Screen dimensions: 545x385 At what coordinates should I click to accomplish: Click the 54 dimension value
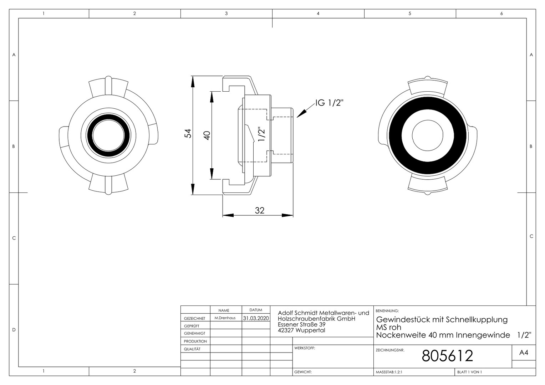[188, 134]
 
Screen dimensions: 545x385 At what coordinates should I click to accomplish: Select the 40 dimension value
[207, 135]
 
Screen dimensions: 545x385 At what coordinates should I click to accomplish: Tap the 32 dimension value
[260, 210]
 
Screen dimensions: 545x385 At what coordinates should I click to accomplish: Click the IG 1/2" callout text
[329, 103]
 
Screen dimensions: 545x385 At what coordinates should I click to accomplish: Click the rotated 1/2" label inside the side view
[261, 134]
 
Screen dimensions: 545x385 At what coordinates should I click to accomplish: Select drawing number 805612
[447, 355]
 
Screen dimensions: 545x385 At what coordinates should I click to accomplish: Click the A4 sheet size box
[524, 353]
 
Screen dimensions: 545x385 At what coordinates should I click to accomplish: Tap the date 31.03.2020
[256, 318]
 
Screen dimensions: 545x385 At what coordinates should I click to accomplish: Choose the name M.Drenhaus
[225, 318]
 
